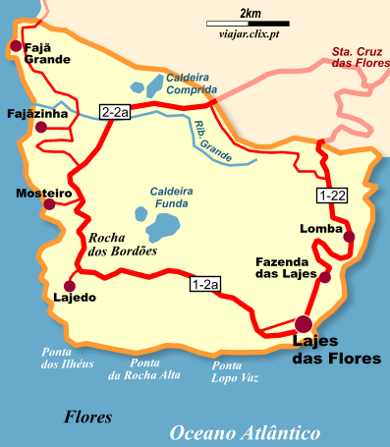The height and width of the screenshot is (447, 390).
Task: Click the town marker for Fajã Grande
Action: (x=16, y=45)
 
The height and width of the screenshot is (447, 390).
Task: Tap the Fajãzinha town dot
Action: (x=40, y=127)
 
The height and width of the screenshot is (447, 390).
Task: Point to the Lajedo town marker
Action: (x=68, y=279)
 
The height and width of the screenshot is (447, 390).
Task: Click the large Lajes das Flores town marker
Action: (x=304, y=324)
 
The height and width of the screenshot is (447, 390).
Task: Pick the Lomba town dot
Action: (x=349, y=237)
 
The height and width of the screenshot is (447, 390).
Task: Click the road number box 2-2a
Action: (x=115, y=112)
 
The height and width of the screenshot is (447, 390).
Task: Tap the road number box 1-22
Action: (x=331, y=196)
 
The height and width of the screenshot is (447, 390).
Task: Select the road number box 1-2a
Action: (x=203, y=285)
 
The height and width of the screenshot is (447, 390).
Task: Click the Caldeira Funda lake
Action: (x=160, y=228)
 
